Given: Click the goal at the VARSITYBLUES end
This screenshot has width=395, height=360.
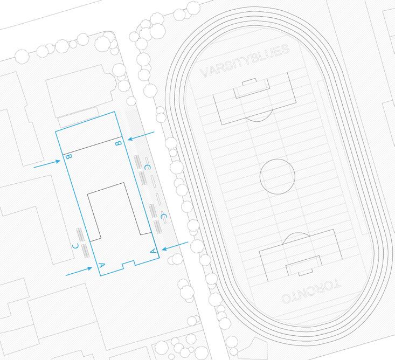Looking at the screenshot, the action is point(248,82).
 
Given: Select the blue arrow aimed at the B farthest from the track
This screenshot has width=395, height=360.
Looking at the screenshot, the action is point(46,164).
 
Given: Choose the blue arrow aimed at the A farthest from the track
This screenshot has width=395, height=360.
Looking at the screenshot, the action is point(79,272).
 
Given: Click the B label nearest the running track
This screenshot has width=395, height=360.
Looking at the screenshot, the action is point(120,142).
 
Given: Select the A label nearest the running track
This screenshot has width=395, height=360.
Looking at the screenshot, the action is point(153,250).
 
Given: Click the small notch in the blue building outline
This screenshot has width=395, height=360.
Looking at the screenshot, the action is point(128,264).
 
